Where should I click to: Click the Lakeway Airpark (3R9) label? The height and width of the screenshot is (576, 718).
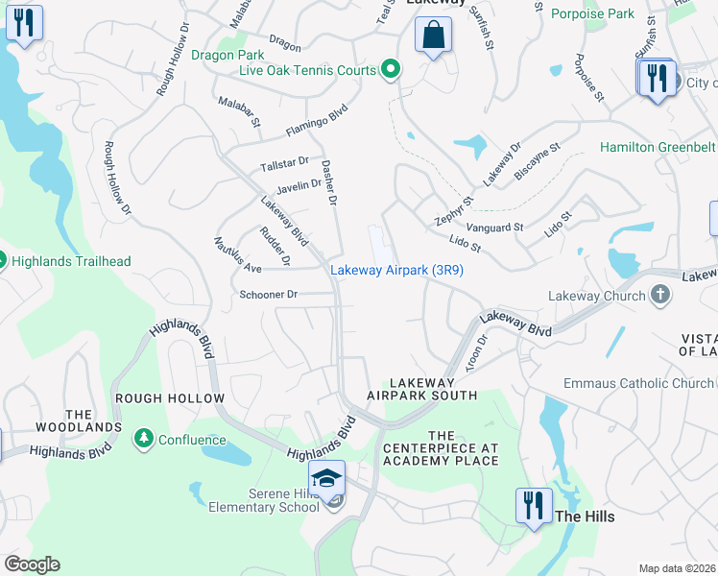pos(397,271)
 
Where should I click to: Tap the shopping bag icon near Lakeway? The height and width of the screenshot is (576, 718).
pos(434,36)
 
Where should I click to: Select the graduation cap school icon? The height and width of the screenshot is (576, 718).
pos(327,477)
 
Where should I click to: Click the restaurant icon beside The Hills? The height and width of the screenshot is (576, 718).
pos(534,505)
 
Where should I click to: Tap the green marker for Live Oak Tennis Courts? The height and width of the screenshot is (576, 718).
pos(390,68)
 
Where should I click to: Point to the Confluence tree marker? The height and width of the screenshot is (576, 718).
pos(144,440)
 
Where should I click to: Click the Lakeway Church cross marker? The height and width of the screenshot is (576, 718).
pos(659,295)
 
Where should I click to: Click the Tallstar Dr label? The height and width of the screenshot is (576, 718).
pos(285,164)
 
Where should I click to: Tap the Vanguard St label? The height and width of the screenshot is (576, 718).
pos(498,228)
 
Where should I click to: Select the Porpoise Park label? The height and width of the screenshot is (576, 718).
pos(592,13)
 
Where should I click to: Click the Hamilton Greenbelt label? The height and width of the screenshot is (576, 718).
pos(658,147)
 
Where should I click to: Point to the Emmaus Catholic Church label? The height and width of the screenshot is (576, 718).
pos(638,384)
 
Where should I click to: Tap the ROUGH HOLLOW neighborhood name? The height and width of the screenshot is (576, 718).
pos(170,398)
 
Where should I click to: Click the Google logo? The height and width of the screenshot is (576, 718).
pos(32,564)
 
